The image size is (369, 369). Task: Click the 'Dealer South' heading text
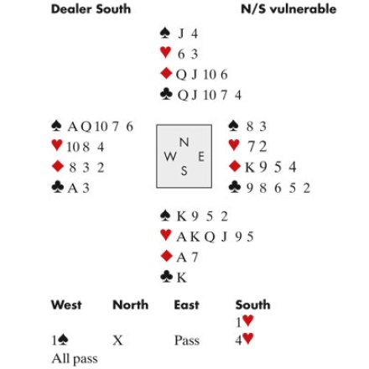pos(91,9)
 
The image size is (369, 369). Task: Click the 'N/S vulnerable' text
pos(288,9)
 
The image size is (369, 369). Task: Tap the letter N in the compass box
pos(184,143)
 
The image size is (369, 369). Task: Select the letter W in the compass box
pos(170,157)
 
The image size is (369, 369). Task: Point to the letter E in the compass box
pos(201,157)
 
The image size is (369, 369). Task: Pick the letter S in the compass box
pos(184,170)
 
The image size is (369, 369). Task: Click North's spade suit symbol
pos(165,33)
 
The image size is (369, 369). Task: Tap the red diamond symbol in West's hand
pos(58,167)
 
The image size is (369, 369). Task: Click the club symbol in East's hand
pos(235,187)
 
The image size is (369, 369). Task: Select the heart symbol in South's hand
pos(166,235)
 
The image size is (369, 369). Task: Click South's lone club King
pos(182,278)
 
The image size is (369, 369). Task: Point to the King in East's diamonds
pos(250,168)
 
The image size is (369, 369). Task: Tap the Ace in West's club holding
pos(73,188)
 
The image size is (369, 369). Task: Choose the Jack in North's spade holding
pos(181,34)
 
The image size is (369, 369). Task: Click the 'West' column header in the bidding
pos(66,304)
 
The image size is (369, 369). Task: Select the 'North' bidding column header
pos(131,304)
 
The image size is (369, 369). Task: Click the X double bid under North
pos(117,340)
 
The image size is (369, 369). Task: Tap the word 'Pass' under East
pos(187,340)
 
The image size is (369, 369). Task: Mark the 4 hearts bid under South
pos(245,340)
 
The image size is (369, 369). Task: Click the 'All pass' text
pos(75,359)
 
